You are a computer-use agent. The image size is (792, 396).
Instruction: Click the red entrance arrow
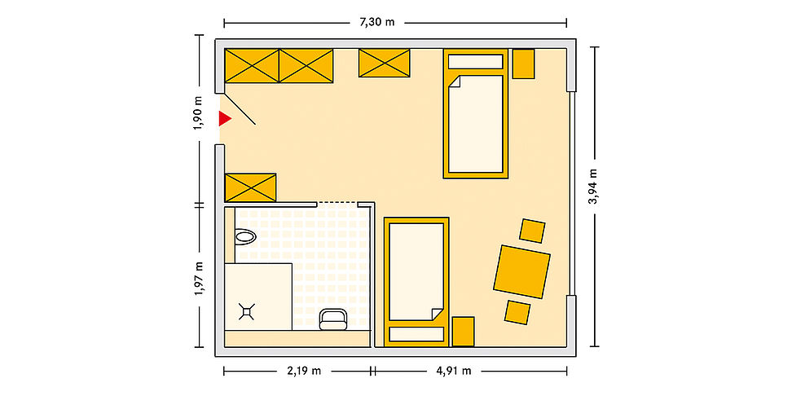click(224, 119)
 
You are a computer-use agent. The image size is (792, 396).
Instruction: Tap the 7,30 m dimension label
click(376, 23)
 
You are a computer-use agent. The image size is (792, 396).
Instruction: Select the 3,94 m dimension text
click(594, 186)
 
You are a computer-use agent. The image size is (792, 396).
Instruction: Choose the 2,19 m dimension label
click(304, 372)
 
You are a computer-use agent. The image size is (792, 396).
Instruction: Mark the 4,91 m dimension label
click(454, 372)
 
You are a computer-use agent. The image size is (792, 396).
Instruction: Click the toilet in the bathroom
click(245, 235)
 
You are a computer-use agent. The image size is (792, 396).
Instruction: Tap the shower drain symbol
click(246, 312)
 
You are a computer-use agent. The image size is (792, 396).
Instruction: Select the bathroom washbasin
click(333, 319)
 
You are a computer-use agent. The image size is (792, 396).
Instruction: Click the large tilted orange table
click(521, 272)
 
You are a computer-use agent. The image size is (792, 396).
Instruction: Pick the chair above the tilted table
click(532, 231)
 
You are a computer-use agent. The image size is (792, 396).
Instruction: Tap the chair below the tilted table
click(517, 313)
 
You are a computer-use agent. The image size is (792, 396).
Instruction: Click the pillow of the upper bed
click(475, 62)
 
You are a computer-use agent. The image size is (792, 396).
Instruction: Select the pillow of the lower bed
click(416, 334)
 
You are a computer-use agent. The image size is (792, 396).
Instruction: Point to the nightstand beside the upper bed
click(523, 64)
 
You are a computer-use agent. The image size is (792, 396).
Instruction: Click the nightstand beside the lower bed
click(463, 332)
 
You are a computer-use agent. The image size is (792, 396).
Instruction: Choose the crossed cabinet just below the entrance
click(250, 187)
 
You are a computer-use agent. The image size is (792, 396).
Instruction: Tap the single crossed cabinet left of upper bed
click(384, 63)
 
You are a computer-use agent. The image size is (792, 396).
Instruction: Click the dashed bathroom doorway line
click(337, 203)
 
